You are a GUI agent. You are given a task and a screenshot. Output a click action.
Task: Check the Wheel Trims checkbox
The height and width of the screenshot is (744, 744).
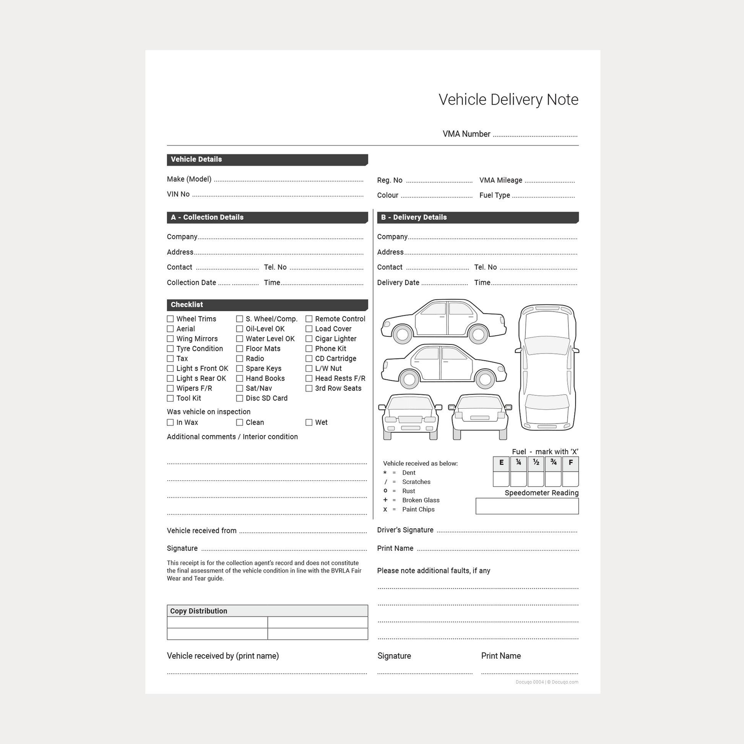pos(170,319)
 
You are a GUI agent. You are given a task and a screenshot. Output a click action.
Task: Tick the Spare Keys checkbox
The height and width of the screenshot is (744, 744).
pos(240,369)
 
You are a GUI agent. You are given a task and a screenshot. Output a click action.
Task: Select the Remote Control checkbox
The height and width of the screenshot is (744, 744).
pos(309,319)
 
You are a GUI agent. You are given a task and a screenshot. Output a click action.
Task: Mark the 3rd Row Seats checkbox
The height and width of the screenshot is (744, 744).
pos(309,388)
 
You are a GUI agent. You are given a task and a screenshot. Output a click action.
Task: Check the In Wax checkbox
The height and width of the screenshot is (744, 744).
pos(170,422)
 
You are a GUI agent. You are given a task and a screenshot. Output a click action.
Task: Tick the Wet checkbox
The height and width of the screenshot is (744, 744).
pos(309,422)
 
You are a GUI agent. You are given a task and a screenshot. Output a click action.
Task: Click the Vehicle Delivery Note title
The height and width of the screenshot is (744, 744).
pos(508,100)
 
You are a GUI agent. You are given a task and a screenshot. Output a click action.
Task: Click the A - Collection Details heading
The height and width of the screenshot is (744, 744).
pos(207,217)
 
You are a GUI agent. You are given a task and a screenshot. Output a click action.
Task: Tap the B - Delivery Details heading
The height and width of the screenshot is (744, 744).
pos(414,217)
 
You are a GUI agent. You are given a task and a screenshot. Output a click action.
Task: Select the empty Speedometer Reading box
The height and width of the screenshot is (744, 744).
pos(527,506)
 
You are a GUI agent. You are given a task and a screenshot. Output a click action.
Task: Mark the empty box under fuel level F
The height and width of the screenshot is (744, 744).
pos(570,479)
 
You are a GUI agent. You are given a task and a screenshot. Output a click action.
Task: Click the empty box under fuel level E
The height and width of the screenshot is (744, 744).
pos(501,479)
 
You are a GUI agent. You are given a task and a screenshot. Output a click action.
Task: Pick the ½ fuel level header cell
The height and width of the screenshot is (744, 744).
pos(536,464)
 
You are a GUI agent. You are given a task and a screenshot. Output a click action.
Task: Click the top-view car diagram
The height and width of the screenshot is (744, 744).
pos(547,368)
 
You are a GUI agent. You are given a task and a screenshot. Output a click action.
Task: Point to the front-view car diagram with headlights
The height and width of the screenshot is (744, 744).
pos(410,417)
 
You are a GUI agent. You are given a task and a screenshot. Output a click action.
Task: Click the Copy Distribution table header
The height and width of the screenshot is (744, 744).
pos(267,611)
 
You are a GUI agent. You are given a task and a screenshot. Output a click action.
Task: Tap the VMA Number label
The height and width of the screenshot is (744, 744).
pos(466,134)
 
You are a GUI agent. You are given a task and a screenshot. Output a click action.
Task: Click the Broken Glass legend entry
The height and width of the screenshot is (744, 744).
pos(421,500)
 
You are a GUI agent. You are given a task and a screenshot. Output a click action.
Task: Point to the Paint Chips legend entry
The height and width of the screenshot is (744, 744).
pos(418,510)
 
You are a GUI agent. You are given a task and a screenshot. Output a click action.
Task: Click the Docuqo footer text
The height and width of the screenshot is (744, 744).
pos(547,682)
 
